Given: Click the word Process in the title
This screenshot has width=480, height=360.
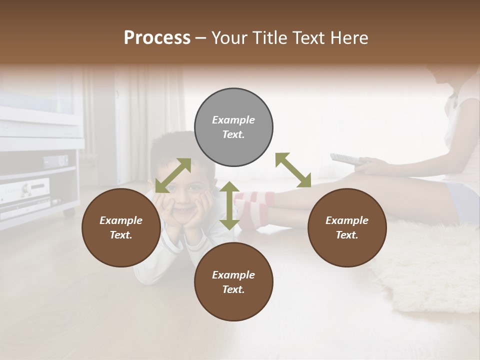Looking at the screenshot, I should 157,38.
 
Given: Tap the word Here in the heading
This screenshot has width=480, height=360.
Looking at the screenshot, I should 349,38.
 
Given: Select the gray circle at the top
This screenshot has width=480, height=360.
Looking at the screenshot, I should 233,127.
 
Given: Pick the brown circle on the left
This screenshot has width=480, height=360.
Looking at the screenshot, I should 121,228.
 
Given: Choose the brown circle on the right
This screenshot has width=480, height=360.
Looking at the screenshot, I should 347,228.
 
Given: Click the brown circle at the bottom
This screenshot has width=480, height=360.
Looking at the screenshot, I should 233,282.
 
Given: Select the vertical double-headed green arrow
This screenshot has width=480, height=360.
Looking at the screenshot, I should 229,205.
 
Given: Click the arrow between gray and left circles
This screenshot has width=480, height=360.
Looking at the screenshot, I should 173,175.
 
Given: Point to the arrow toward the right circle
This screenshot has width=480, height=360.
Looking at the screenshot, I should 293,170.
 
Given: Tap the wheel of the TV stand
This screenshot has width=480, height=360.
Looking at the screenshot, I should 69,212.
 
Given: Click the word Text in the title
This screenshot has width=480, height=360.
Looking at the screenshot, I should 310,38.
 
